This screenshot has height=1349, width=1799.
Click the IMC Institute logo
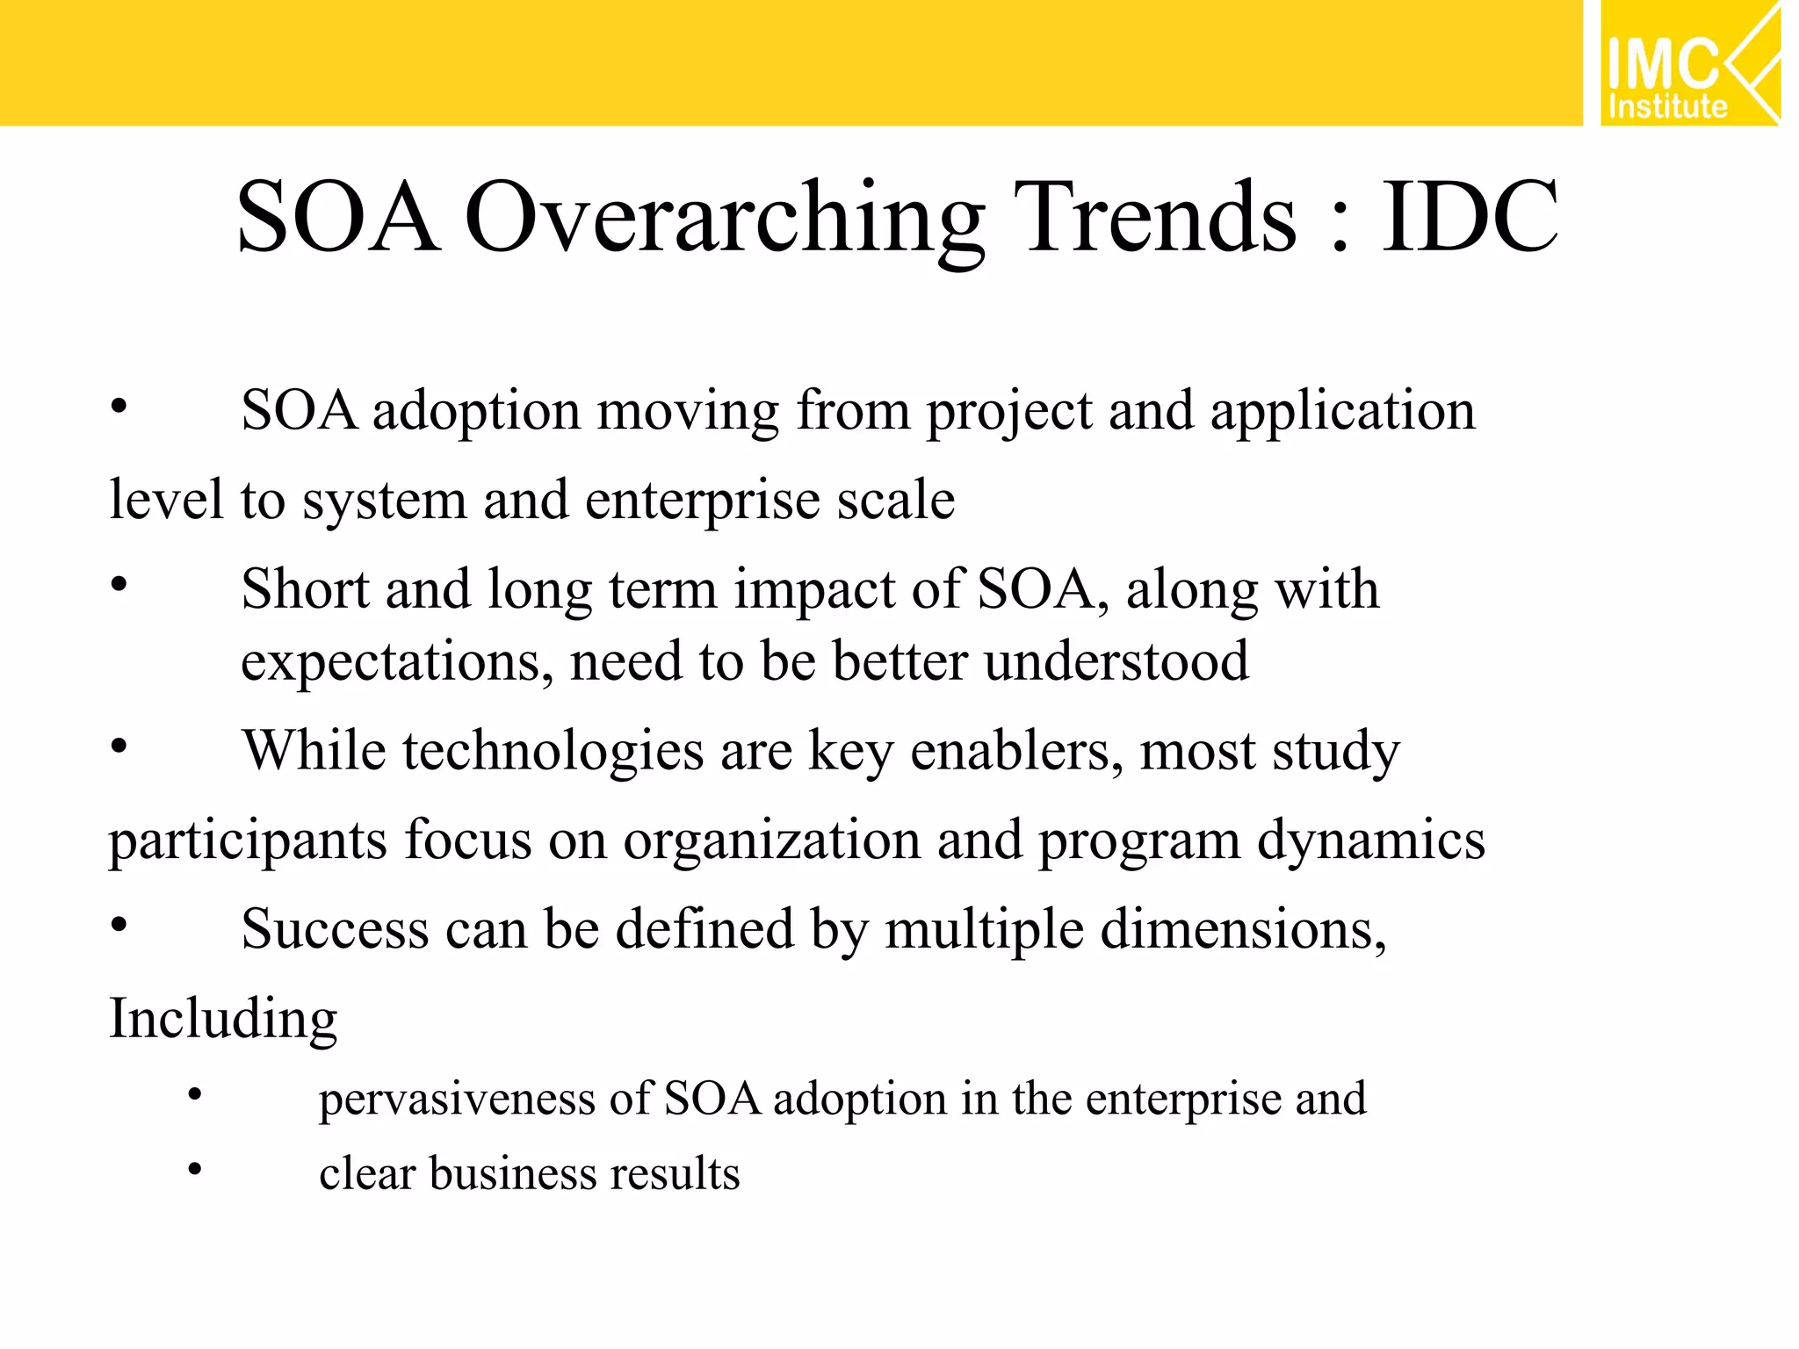tap(1688, 63)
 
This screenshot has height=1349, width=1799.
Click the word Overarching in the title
tap(724, 218)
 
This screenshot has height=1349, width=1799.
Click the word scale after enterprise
tap(895, 501)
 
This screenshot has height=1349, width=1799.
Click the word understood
tap(1116, 660)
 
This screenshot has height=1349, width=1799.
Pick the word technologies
tap(553, 752)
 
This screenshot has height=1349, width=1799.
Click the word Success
tap(335, 929)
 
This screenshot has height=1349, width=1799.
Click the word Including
tap(223, 1019)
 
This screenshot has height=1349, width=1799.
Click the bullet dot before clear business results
tap(195, 1169)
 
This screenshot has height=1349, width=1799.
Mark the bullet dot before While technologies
tap(119, 747)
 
